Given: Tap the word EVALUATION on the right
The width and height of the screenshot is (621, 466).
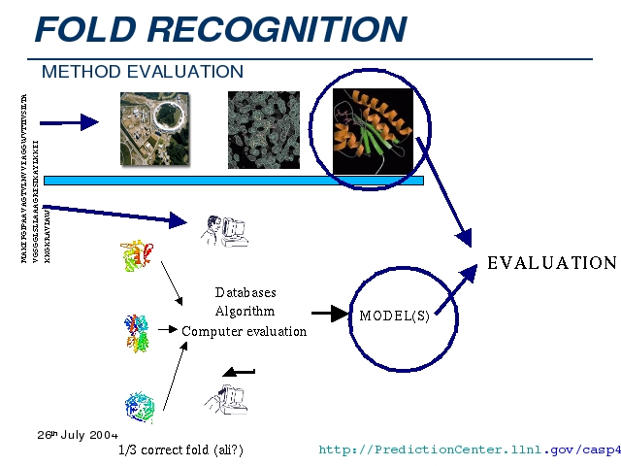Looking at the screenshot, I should (x=551, y=263).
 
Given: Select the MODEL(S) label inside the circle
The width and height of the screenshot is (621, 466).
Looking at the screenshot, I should (x=395, y=316).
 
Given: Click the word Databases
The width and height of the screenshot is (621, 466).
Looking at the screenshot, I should (x=245, y=292).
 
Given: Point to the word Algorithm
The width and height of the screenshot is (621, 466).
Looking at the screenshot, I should (x=245, y=312).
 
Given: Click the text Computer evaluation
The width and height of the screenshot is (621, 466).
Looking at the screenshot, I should (x=245, y=332).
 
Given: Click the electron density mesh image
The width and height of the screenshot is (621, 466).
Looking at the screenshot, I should (x=264, y=129).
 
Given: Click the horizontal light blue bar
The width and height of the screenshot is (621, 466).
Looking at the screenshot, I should (x=233, y=181).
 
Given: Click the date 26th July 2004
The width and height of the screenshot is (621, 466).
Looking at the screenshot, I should (x=78, y=434).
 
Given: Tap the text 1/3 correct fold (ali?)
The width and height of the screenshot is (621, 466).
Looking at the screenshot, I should (x=180, y=450).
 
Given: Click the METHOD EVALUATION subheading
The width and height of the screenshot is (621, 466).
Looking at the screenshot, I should (x=143, y=72).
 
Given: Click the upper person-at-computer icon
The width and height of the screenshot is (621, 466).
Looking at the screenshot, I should (x=222, y=231).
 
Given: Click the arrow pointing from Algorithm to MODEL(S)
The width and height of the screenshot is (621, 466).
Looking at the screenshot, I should (x=330, y=314).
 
